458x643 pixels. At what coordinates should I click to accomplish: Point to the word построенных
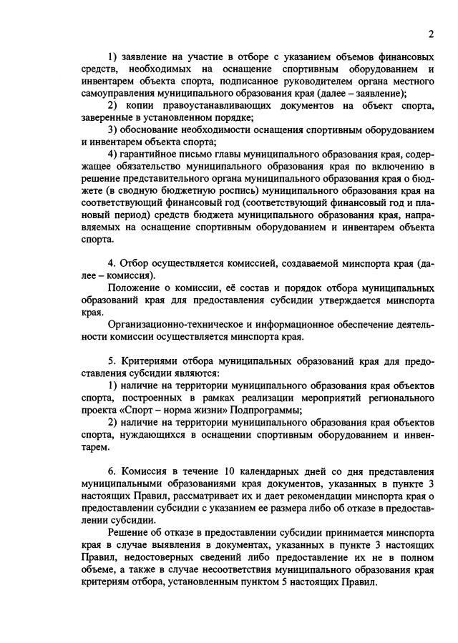(155, 398)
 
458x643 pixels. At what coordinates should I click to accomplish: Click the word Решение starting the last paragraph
(130, 532)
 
